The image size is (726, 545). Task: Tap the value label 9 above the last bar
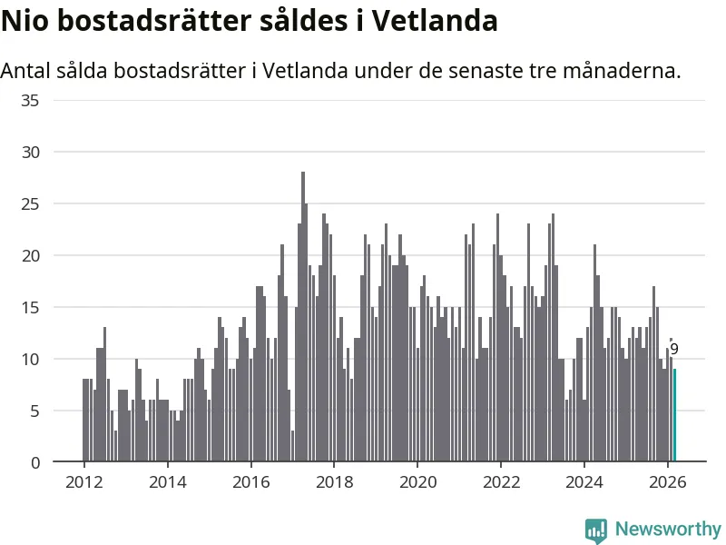tap(674, 349)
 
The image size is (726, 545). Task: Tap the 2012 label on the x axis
tap(83, 481)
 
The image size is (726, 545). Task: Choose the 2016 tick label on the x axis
tap(250, 481)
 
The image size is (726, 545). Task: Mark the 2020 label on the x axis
tap(417, 481)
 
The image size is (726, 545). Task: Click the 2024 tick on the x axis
tap(584, 481)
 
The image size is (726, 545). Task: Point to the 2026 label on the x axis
tap(668, 481)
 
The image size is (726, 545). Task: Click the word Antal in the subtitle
tap(26, 70)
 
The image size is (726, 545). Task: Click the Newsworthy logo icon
tap(596, 530)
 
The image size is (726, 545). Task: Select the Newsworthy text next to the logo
tap(668, 529)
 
